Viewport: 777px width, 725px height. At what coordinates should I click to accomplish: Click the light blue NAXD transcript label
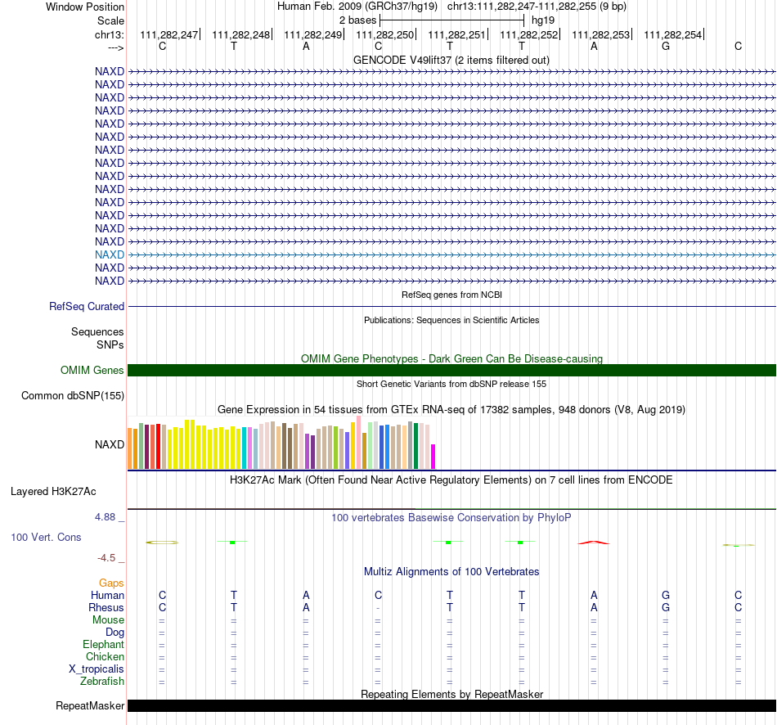coord(110,254)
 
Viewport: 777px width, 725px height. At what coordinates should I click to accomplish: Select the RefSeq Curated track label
coord(87,307)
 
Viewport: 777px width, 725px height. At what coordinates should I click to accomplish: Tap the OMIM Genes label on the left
coord(92,371)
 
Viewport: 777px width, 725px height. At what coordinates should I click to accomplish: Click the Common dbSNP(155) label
coord(73,396)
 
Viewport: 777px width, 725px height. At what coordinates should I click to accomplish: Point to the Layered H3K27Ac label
coord(53,492)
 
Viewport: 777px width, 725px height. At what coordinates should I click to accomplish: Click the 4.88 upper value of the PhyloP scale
coord(105,517)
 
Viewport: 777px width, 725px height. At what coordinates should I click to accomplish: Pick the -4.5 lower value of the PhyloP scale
coord(106,558)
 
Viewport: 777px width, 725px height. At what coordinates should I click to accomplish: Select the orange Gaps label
coord(111,583)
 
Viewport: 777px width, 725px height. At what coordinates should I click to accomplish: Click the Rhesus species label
coord(106,607)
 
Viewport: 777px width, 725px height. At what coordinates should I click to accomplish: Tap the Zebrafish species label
coord(102,682)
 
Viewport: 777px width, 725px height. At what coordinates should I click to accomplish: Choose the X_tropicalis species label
coord(97,669)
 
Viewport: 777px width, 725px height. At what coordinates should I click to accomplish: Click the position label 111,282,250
coord(384,34)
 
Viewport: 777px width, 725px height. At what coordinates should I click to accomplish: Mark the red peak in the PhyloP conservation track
coord(594,543)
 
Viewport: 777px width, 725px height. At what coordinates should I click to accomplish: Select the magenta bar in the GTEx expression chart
coord(433,457)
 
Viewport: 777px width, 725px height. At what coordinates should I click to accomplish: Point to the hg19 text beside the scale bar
coord(543,20)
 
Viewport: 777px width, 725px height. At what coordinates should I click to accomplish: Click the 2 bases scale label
coord(357,20)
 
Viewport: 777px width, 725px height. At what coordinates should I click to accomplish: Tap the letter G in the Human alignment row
coord(666,595)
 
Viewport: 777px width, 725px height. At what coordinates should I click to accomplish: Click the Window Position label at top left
coord(85,7)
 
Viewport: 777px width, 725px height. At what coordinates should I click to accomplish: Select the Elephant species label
coord(104,645)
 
